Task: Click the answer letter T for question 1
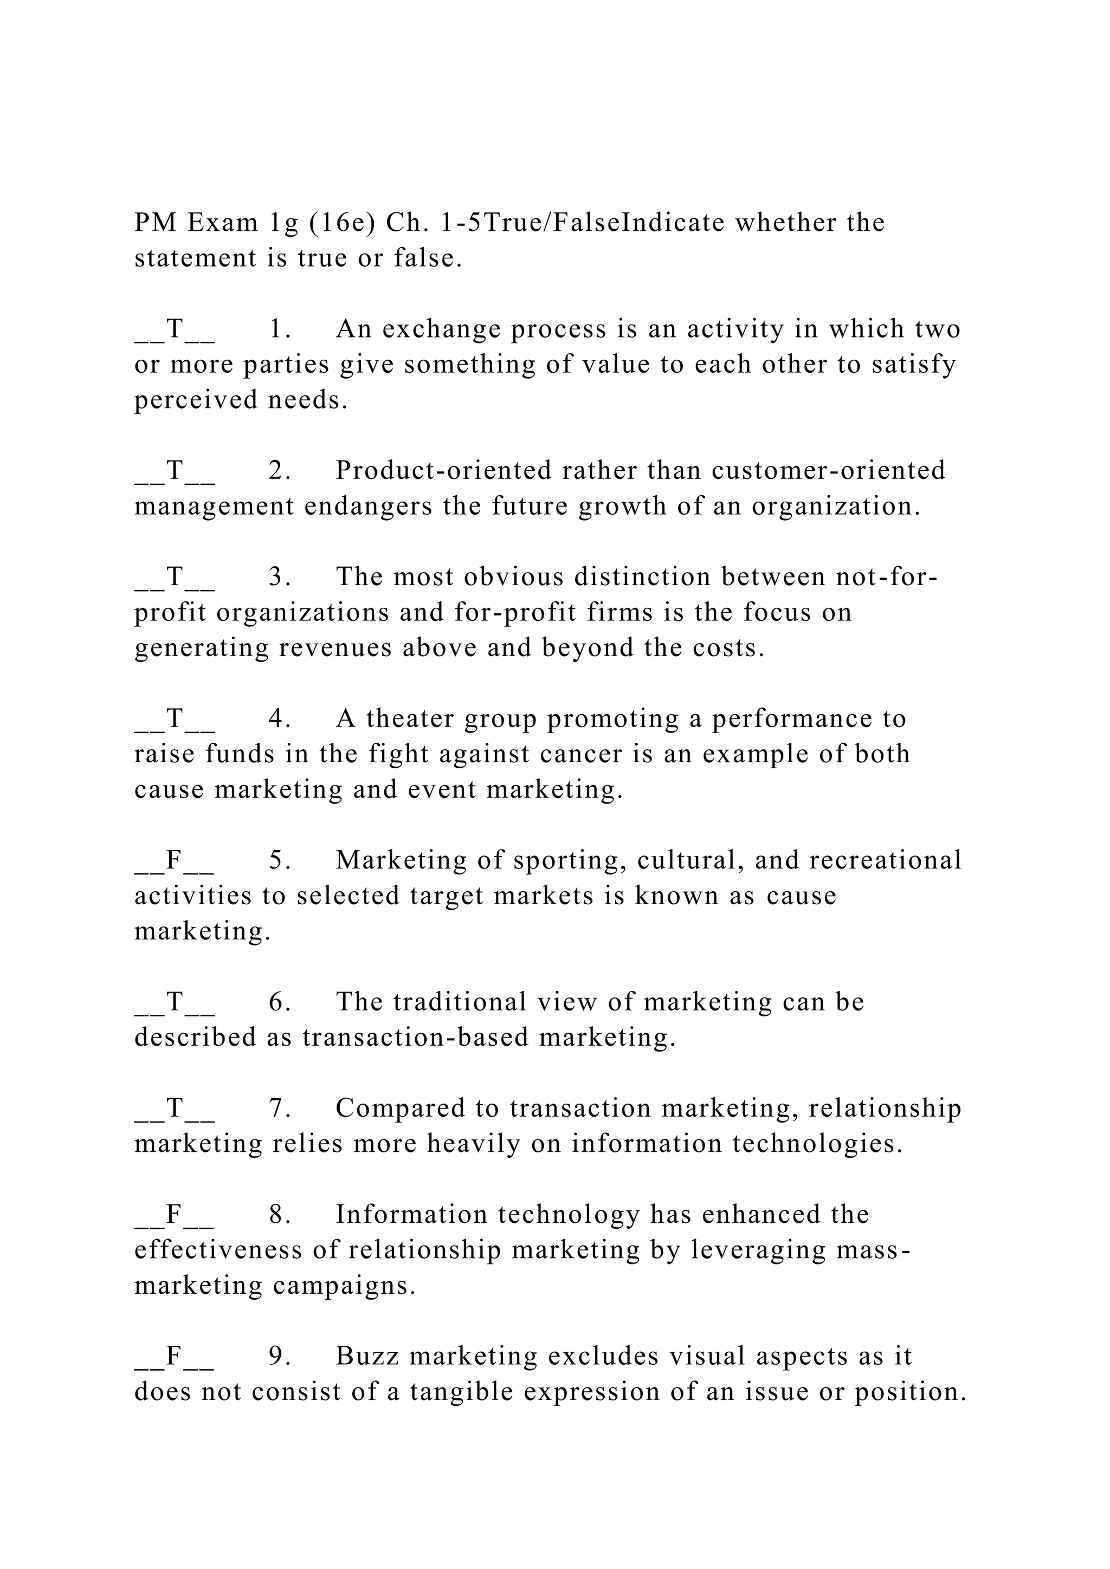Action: click(x=175, y=329)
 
